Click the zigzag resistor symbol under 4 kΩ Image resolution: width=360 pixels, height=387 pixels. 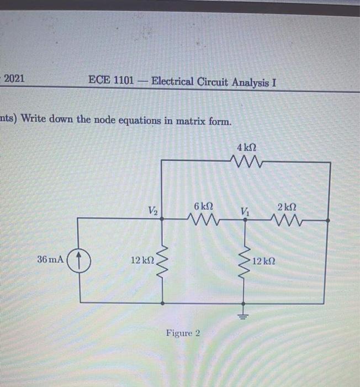[246, 163]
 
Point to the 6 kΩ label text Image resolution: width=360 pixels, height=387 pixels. [203, 206]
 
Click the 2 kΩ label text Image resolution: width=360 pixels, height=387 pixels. [287, 207]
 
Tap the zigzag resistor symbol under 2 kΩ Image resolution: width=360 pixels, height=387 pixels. [287, 221]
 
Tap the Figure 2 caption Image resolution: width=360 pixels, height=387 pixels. [183, 333]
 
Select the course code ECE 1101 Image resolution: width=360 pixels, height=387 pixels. [110, 81]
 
